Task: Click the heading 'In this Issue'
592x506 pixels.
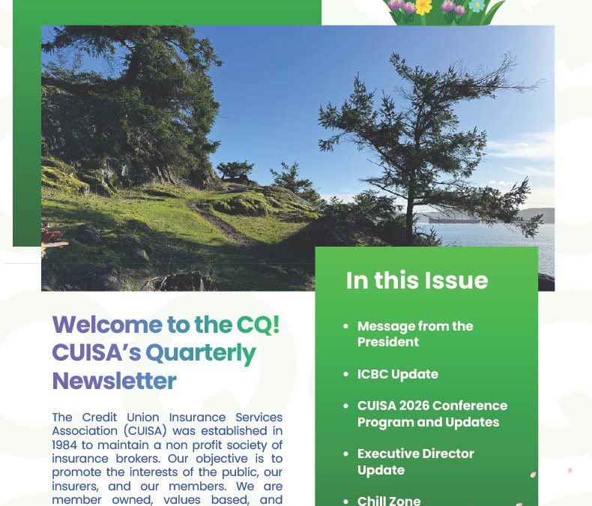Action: (x=417, y=280)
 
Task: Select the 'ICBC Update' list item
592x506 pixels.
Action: (x=397, y=374)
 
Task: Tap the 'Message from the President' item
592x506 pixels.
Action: (x=414, y=334)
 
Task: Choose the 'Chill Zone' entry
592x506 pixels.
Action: (x=389, y=500)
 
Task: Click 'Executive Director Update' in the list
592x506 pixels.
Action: (x=415, y=462)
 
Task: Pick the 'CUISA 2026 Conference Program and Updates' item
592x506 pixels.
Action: (x=432, y=414)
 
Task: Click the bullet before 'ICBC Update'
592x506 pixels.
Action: (x=345, y=374)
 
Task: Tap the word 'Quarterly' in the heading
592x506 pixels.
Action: (x=201, y=352)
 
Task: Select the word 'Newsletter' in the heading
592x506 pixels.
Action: (x=114, y=381)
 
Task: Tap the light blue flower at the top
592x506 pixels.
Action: (x=477, y=6)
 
